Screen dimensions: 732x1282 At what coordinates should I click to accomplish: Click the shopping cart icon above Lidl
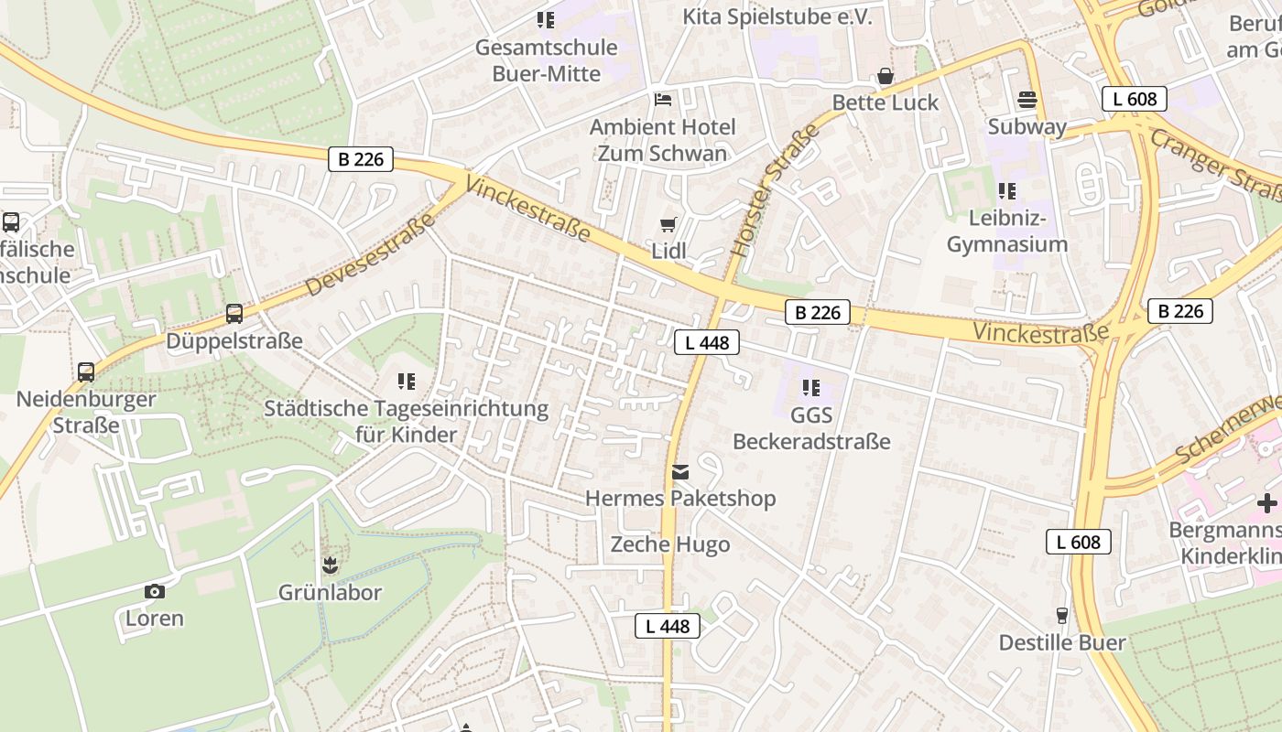coord(668,224)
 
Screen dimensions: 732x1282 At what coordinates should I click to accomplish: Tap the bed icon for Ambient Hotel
coord(663,99)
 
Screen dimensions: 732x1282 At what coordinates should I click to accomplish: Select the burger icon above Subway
coord(1027,99)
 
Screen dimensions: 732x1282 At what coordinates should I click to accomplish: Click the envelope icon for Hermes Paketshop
coord(680,472)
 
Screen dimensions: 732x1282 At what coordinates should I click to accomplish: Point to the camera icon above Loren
coord(155,591)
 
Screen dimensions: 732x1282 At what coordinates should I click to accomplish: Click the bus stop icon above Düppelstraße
coord(234,314)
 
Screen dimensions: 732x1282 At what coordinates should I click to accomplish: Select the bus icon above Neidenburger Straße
coord(86,372)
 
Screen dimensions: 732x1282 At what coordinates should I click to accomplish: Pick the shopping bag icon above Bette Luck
coord(885,76)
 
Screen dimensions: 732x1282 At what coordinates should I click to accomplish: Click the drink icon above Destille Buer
coord(1062,615)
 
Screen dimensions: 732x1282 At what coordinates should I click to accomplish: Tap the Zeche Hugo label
coord(670,545)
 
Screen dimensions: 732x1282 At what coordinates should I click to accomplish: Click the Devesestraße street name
coord(370,253)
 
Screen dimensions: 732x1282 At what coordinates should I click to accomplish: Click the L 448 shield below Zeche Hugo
coord(668,626)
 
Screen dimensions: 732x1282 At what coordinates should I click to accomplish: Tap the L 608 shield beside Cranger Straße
coord(1134,99)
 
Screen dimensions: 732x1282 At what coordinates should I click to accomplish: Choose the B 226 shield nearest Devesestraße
coord(361,159)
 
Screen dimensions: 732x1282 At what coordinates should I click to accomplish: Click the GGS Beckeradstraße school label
coord(811,428)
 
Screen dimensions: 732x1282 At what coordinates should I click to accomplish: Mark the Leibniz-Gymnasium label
coord(1007,231)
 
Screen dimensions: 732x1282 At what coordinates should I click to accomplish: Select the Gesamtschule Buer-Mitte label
coord(546,60)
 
